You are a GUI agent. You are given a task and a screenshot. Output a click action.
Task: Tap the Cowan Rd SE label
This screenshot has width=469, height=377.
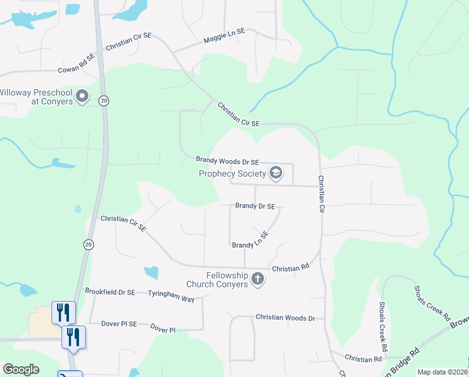(x=76, y=63)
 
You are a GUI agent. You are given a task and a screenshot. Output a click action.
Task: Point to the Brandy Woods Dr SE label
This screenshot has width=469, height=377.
(x=228, y=161)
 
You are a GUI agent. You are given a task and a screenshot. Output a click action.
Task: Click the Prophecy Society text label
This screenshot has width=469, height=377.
(x=233, y=174)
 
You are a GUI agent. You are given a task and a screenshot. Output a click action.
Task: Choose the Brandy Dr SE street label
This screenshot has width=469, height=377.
(x=255, y=205)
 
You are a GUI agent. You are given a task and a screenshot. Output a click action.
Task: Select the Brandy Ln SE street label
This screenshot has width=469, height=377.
(x=250, y=240)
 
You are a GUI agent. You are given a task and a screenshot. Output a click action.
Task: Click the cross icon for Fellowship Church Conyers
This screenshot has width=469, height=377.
(x=257, y=279)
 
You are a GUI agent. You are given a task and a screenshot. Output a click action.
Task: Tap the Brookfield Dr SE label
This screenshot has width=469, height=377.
(x=110, y=292)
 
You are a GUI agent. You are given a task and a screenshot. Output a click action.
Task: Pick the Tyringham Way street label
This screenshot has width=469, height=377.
(x=171, y=295)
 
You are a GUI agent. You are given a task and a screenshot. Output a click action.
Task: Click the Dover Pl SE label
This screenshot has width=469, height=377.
(x=119, y=324)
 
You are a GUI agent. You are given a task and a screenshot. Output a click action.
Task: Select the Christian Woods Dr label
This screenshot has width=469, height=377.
(x=285, y=319)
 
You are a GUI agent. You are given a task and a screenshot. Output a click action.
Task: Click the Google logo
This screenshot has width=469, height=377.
(x=21, y=369)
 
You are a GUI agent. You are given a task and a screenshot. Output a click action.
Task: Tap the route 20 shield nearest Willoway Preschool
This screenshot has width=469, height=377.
(x=104, y=101)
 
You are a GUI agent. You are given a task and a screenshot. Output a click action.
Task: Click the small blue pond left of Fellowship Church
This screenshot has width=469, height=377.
(x=151, y=273)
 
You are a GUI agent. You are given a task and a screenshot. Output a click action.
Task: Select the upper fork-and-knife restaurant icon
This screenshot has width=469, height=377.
(x=63, y=312)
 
